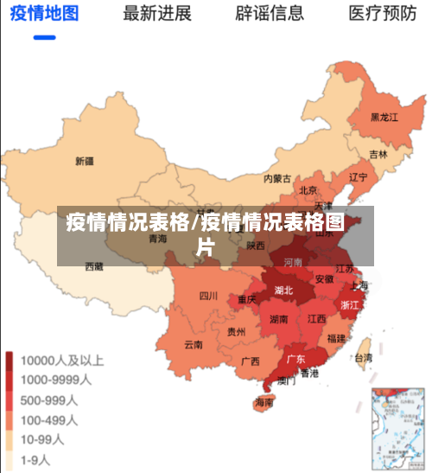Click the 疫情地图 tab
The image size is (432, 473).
[x=44, y=13]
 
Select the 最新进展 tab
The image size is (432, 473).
[x=157, y=13]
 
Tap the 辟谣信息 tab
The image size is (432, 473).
[x=270, y=13]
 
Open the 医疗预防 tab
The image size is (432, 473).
[x=382, y=13]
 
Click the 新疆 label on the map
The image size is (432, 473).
[x=85, y=161]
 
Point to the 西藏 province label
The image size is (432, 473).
[x=94, y=267]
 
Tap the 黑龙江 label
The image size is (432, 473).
[x=384, y=117]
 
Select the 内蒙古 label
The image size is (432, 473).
[x=277, y=179]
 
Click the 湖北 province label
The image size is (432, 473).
[x=283, y=291]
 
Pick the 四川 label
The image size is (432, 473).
[x=208, y=296]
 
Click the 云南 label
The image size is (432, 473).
[x=193, y=344]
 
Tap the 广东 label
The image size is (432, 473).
[x=295, y=358]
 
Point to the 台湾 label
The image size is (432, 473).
[x=364, y=357]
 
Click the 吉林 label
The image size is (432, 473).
[x=378, y=154]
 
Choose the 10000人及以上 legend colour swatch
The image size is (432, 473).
[x=10, y=360]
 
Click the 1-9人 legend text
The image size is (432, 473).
[x=36, y=459]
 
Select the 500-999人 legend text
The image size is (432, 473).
[x=49, y=399]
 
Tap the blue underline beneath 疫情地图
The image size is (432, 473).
[x=44, y=37]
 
